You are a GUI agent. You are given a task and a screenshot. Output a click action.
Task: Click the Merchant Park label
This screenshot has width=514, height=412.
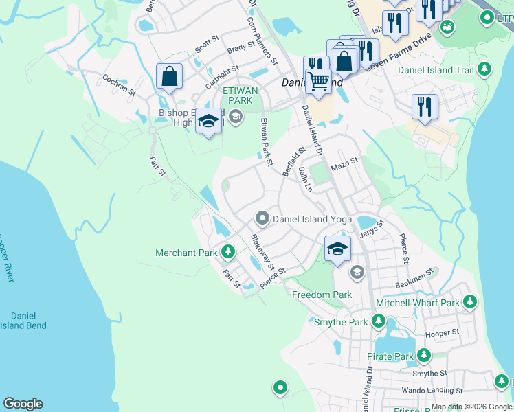[186, 253]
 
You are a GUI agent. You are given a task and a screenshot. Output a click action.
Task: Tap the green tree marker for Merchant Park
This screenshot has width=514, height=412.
[227, 253]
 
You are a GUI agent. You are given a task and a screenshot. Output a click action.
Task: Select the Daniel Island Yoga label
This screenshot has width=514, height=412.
[312, 220]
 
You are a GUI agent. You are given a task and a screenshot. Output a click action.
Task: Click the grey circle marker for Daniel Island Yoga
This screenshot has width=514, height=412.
[262, 219]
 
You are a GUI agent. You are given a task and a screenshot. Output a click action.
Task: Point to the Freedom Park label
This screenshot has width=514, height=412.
[322, 295]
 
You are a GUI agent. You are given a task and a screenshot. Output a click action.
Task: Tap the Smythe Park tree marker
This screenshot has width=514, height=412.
[378, 321]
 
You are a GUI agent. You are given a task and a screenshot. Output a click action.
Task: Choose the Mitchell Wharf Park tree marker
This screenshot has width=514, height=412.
[470, 302]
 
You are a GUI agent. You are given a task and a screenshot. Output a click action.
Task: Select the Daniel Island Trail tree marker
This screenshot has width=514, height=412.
[485, 69]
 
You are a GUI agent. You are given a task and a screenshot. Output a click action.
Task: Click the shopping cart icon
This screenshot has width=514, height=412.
[318, 81]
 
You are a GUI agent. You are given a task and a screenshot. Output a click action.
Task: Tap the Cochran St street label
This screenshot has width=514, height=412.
[119, 85]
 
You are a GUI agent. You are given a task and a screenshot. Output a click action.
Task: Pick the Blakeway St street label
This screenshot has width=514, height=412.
[262, 252]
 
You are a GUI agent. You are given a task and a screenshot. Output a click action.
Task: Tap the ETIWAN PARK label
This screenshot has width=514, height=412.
[240, 95]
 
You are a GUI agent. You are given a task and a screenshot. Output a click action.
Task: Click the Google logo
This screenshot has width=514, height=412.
[23, 404]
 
